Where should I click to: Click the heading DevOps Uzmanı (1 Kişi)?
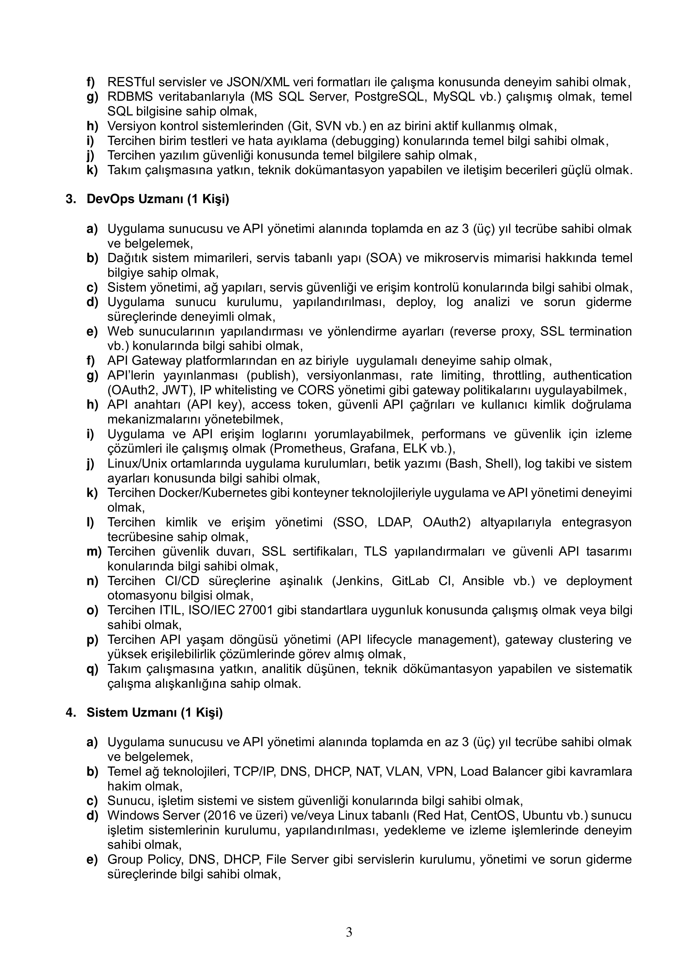158,199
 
